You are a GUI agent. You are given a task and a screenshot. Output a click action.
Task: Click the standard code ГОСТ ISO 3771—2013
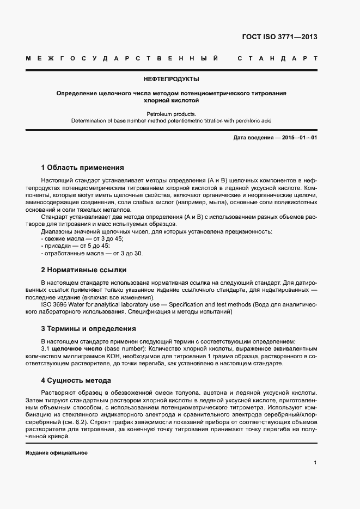point(279,37)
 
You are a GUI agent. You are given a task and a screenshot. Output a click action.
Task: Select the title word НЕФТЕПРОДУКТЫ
point(172,79)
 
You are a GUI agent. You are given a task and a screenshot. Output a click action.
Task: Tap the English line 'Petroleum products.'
point(171,114)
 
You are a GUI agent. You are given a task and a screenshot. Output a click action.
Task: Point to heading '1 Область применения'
point(82,168)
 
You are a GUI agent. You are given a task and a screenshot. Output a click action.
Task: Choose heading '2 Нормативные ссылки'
point(83,269)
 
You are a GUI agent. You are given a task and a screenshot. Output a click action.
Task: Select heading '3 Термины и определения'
point(88,329)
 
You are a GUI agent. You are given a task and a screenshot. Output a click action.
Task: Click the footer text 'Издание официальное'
point(56,453)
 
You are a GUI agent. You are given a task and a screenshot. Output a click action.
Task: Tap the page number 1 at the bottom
point(315,463)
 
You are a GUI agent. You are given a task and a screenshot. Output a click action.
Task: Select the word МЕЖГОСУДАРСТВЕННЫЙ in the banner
point(123,58)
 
